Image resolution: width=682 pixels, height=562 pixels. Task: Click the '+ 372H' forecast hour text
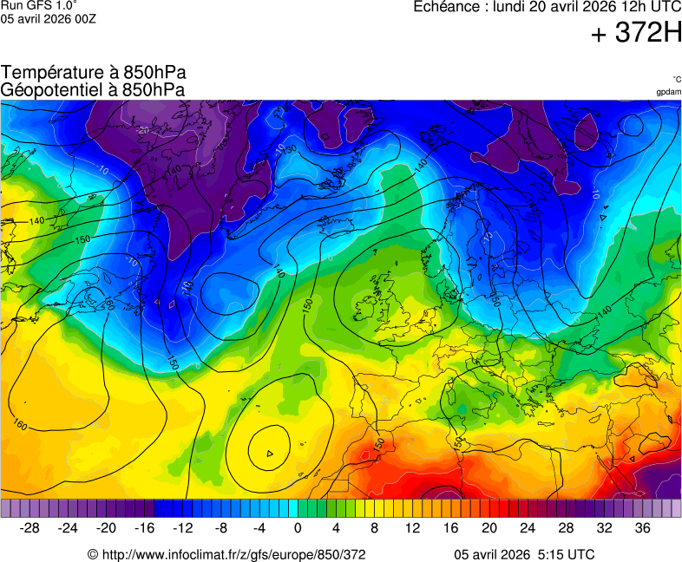(636, 34)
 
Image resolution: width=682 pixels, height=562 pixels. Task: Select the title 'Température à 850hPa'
(94, 73)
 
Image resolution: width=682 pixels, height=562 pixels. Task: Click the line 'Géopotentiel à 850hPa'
(93, 89)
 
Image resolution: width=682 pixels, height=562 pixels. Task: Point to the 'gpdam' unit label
(668, 91)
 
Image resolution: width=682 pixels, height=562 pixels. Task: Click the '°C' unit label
(676, 79)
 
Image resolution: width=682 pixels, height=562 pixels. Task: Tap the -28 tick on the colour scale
(30, 528)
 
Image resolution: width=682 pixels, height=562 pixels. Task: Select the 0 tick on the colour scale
(298, 528)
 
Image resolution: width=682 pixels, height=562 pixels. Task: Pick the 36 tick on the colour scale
(642, 528)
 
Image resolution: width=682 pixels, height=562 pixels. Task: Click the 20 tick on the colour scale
(489, 528)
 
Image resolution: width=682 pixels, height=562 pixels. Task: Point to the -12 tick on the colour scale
(183, 528)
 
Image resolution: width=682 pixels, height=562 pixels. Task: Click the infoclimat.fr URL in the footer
(226, 554)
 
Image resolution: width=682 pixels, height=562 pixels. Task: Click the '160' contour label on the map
(21, 424)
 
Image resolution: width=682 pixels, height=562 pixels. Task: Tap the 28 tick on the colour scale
(566, 528)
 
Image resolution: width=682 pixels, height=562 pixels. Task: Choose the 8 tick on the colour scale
(375, 528)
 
